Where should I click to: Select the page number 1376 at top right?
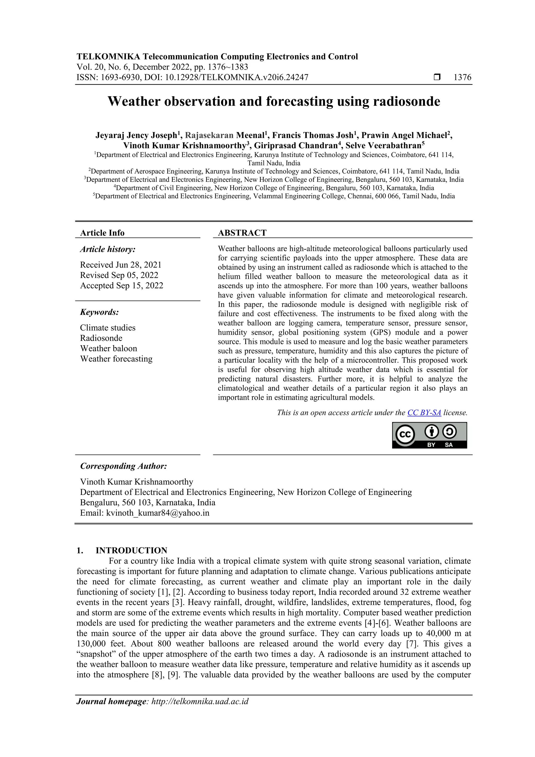coord(462,78)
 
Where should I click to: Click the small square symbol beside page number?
coord(437,77)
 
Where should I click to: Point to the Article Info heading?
coord(102,233)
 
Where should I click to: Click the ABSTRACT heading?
coord(242,233)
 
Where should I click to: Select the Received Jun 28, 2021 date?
coord(121,265)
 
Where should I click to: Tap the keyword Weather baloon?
coord(108,349)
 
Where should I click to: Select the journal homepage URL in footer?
coord(200,701)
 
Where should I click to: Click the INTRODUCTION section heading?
coord(131,550)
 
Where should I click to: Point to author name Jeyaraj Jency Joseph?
coord(136,136)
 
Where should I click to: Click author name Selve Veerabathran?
coord(383,146)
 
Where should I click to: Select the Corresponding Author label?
coord(123,466)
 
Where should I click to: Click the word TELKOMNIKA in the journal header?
coord(108,57)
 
